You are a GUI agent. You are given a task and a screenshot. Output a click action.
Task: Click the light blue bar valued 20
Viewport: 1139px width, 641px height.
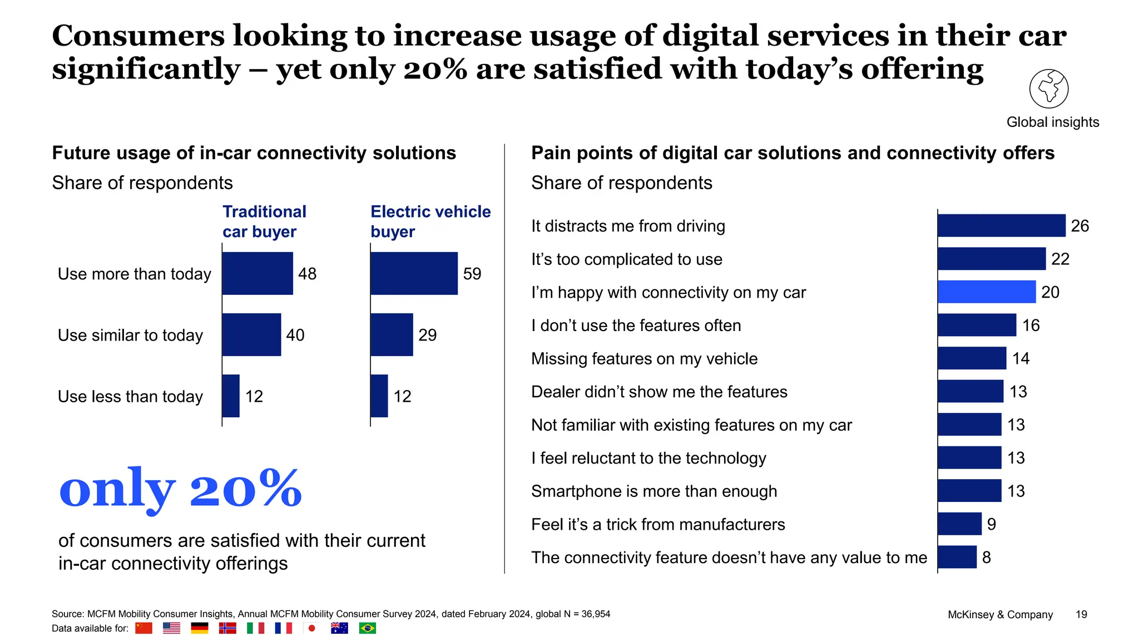click(x=986, y=292)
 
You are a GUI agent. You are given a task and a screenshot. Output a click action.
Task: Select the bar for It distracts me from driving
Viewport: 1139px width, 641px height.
click(x=1001, y=225)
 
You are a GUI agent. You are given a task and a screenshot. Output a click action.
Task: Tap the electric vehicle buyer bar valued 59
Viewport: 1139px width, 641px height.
click(x=414, y=273)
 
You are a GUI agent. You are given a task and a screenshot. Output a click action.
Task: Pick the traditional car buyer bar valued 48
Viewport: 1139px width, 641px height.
click(x=257, y=273)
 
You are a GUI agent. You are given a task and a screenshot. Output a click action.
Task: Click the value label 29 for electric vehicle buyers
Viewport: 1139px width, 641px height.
click(x=427, y=335)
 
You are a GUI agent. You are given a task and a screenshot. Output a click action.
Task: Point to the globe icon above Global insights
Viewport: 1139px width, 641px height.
click(x=1048, y=88)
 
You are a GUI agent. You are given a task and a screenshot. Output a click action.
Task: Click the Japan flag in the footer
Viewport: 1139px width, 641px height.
click(x=311, y=628)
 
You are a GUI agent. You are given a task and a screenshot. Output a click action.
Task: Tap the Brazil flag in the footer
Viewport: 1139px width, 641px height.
click(x=367, y=628)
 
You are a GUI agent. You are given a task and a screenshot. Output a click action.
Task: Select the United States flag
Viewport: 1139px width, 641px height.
click(x=171, y=628)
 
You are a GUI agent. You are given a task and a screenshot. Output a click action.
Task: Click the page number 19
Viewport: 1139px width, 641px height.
click(x=1081, y=614)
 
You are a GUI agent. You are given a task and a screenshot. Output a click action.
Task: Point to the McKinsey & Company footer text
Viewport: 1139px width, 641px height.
click(x=1000, y=614)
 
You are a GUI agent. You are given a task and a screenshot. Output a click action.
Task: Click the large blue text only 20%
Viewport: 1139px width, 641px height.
click(x=180, y=489)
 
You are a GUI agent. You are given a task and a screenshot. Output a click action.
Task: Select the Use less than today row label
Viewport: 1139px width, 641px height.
click(x=130, y=396)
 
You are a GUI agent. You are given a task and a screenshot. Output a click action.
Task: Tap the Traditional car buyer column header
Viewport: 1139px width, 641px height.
click(x=264, y=221)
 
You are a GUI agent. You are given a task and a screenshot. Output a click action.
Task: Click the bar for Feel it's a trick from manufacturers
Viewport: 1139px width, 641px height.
click(x=959, y=524)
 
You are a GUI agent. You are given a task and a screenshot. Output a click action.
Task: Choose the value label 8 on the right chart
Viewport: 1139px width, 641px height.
click(x=986, y=557)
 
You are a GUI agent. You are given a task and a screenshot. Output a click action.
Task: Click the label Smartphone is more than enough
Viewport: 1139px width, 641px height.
click(x=654, y=491)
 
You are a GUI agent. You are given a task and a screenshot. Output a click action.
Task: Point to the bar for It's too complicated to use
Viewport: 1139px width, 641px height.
click(x=991, y=259)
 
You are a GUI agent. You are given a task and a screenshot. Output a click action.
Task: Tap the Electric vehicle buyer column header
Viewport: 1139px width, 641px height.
click(x=430, y=221)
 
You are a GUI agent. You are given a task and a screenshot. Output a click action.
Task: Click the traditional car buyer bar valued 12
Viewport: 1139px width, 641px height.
click(x=231, y=396)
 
